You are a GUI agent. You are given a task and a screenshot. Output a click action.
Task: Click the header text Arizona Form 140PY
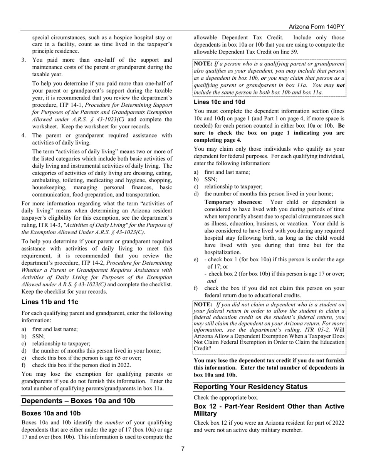316,27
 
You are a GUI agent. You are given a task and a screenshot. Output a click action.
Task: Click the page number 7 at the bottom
183,448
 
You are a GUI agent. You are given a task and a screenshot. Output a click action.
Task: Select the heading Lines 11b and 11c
50,302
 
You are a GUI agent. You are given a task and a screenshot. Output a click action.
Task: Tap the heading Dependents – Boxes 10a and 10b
78,401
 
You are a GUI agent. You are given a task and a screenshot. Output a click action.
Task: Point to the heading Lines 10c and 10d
219,102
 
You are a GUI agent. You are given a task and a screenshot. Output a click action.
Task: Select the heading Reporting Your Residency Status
250,387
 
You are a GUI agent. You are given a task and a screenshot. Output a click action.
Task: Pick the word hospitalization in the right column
222,252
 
